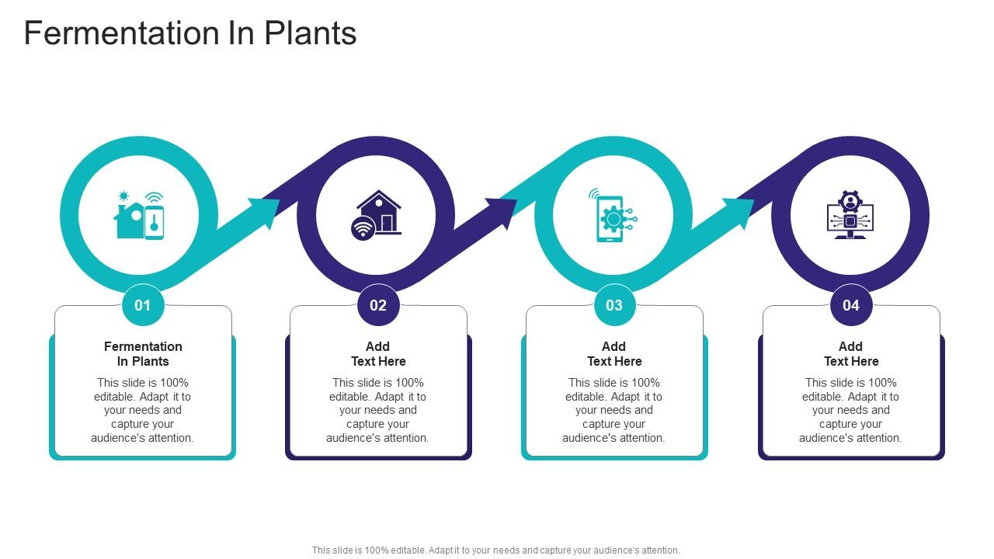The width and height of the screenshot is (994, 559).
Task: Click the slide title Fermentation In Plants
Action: [190, 33]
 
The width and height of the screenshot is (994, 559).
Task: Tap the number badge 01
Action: [143, 305]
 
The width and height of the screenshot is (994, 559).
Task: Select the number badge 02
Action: [378, 305]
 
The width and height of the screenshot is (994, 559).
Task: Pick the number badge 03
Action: [614, 305]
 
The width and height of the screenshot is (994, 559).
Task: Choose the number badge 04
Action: [851, 305]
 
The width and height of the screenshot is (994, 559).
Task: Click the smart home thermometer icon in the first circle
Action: [140, 215]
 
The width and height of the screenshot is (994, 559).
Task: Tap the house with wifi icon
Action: [377, 214]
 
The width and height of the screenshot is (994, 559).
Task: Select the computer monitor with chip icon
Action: [850, 215]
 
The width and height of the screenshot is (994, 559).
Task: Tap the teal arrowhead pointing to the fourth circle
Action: [739, 211]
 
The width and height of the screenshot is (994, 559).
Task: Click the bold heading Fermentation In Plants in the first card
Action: [143, 353]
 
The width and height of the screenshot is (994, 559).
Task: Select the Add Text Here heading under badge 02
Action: [378, 353]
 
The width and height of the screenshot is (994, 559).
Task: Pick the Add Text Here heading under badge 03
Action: [614, 353]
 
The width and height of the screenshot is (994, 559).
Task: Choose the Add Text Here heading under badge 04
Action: [851, 353]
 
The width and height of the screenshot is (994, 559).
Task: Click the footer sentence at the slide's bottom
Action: [495, 550]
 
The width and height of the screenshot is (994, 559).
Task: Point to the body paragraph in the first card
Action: [143, 410]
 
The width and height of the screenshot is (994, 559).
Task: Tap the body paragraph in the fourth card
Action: [851, 410]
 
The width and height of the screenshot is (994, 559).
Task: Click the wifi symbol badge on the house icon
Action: [363, 229]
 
